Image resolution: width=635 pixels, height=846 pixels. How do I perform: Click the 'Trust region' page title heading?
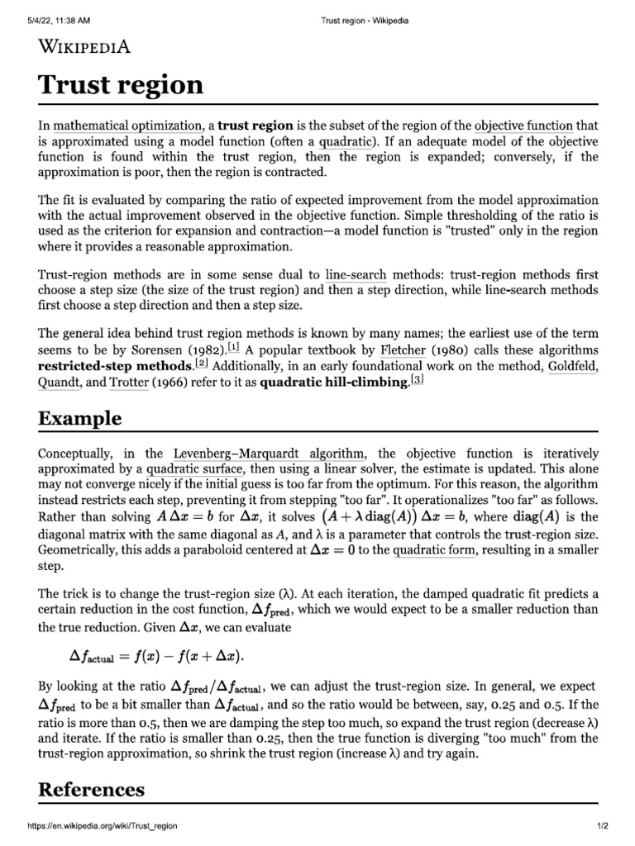coord(121,84)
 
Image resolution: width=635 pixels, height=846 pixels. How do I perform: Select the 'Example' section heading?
coord(80,418)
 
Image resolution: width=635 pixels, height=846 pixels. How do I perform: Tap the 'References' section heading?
coord(92,789)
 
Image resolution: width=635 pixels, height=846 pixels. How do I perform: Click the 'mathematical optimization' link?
coord(128,126)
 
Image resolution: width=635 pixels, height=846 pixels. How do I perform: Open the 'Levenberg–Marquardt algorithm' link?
coord(269,454)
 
